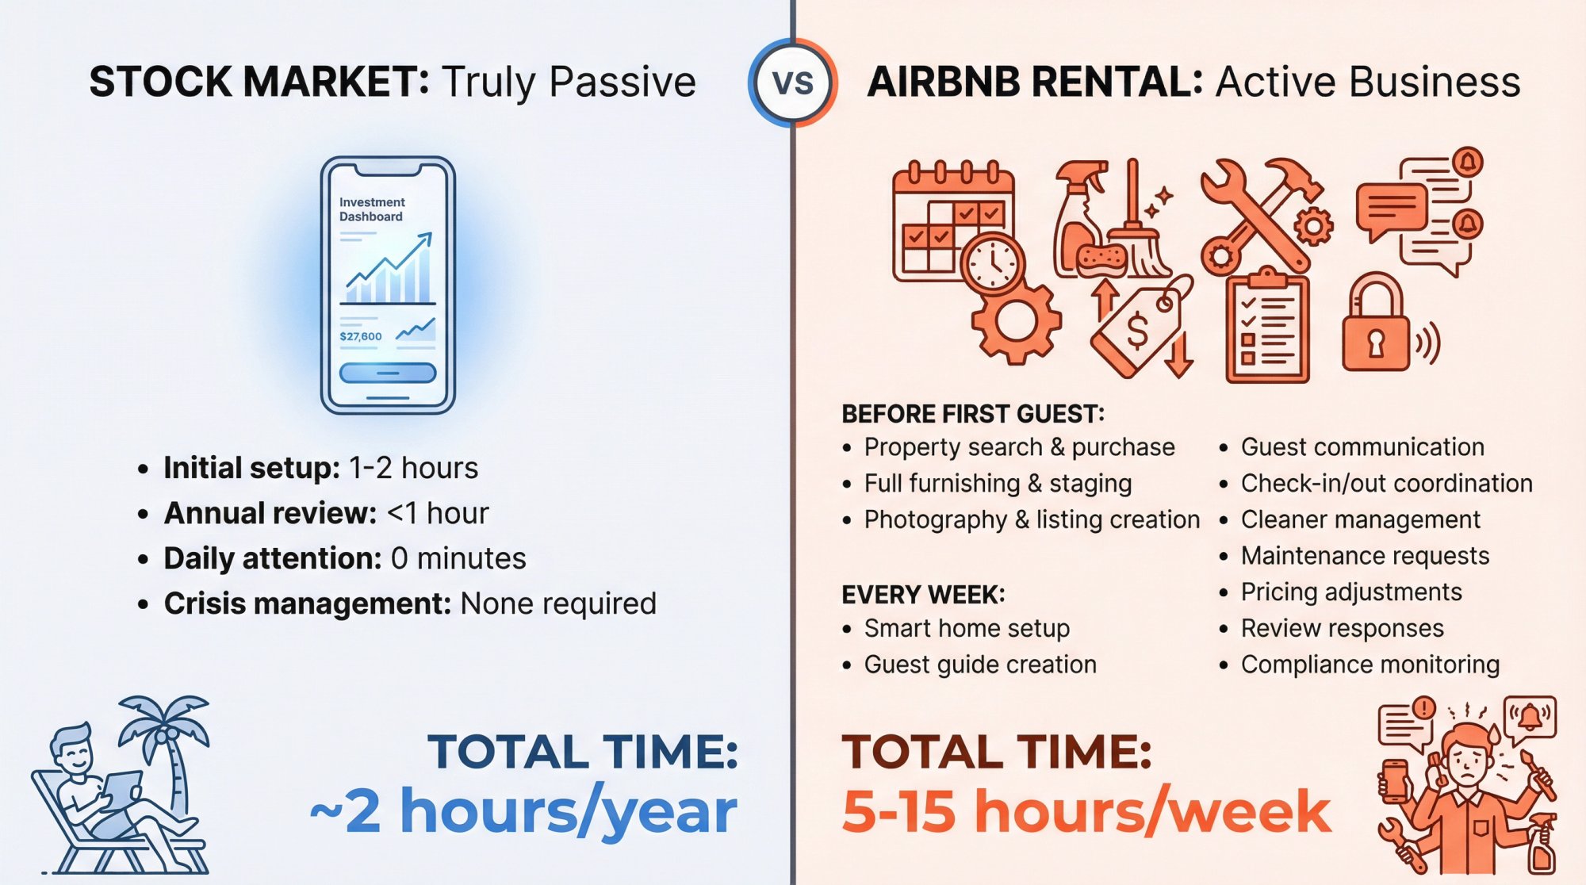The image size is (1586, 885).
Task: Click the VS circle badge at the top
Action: (x=793, y=82)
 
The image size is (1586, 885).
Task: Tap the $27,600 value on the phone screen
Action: (x=361, y=336)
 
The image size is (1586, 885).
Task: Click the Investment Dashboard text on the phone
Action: (x=372, y=209)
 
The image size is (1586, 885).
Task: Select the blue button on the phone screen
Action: (x=388, y=373)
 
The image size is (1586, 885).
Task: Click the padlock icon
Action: (x=1376, y=325)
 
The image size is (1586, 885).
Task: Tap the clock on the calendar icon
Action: (x=992, y=263)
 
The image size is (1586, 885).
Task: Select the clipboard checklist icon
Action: (x=1267, y=329)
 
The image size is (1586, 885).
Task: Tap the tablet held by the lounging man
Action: (x=119, y=789)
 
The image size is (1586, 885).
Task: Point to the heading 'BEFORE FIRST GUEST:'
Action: (x=972, y=414)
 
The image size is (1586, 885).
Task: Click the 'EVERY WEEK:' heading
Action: (x=923, y=595)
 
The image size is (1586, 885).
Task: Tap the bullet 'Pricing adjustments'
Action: (x=1351, y=592)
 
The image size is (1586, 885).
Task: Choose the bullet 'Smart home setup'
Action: (x=967, y=629)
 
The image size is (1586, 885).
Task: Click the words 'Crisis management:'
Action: (x=307, y=604)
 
